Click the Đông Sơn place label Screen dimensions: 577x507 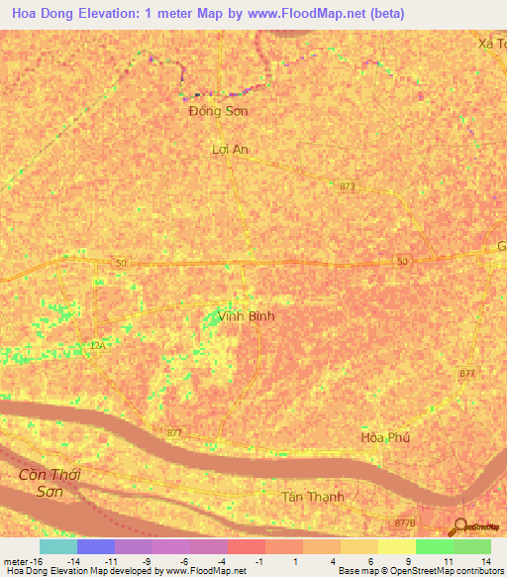pyautogui.click(x=218, y=111)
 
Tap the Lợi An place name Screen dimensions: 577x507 pyautogui.click(x=230, y=149)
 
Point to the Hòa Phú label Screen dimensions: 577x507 pyautogui.click(x=385, y=437)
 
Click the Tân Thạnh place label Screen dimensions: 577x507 pyautogui.click(x=313, y=497)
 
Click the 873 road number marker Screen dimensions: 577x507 pyautogui.click(x=347, y=186)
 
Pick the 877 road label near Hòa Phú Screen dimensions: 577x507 pyautogui.click(x=467, y=373)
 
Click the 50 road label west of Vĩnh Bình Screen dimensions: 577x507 pyautogui.click(x=121, y=262)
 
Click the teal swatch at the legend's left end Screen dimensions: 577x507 pyautogui.click(x=58, y=546)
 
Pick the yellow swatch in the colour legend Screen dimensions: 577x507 pyautogui.click(x=397, y=546)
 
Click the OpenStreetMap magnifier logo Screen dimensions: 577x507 pyautogui.click(x=458, y=526)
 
